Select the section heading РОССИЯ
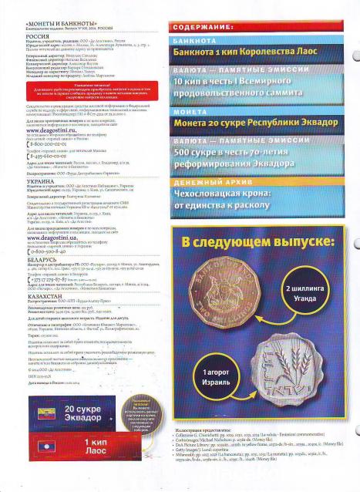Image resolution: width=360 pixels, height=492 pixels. [x=25, y=36]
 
